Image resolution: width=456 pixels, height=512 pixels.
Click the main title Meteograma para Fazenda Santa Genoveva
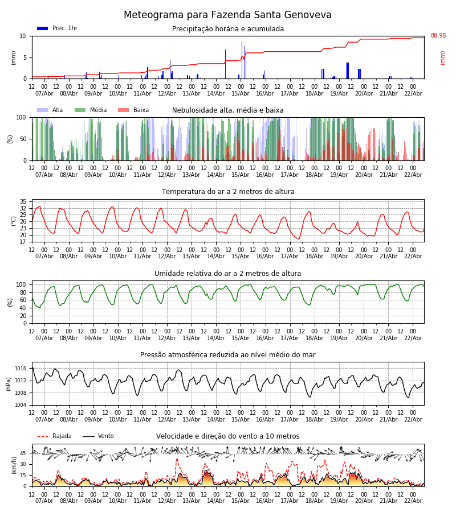coord(227,15)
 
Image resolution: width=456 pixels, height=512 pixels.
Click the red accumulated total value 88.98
coord(438,36)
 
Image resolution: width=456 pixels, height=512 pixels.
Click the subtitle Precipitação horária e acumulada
coord(227,29)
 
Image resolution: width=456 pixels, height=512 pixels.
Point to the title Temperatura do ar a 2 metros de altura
coord(227,192)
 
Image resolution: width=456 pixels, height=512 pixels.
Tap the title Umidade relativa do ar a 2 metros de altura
coord(227,274)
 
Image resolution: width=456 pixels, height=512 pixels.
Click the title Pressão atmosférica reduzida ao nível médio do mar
coord(227,355)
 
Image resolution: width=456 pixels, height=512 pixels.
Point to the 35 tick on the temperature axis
coord(23,202)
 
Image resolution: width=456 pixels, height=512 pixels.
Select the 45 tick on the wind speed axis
coord(23,453)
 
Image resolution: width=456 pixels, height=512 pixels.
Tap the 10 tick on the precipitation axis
coord(23,36)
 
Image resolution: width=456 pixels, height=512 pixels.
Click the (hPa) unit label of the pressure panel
coord(9,383)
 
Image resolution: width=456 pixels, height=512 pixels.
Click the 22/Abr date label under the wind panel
coord(413,501)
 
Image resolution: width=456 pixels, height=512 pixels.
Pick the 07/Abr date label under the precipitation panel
coord(44,93)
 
